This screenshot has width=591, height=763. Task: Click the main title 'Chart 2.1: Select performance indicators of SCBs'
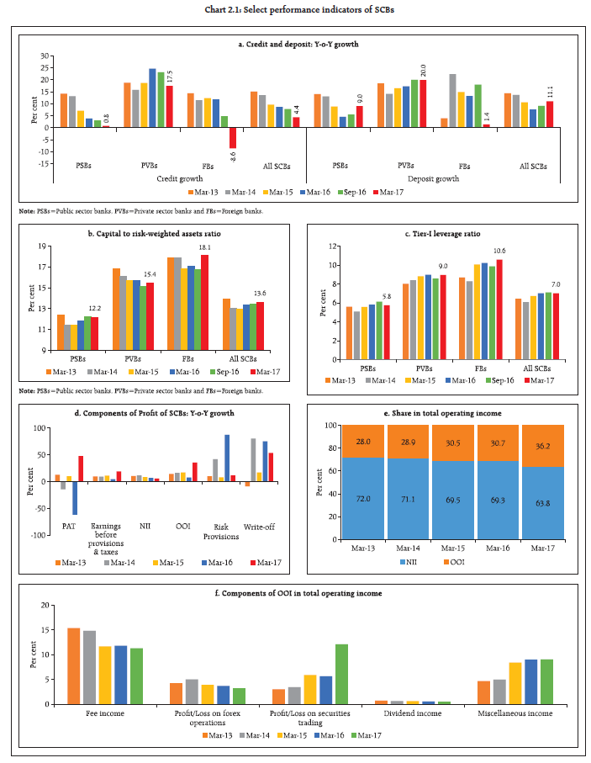click(295, 8)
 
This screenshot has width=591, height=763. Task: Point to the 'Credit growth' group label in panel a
click(174, 178)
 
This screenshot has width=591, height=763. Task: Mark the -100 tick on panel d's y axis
click(38, 534)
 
